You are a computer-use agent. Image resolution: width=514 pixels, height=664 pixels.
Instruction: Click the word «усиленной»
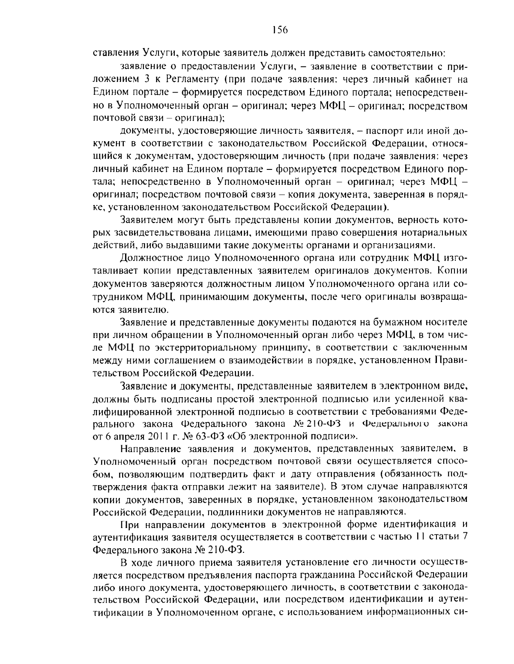(x=407, y=399)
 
